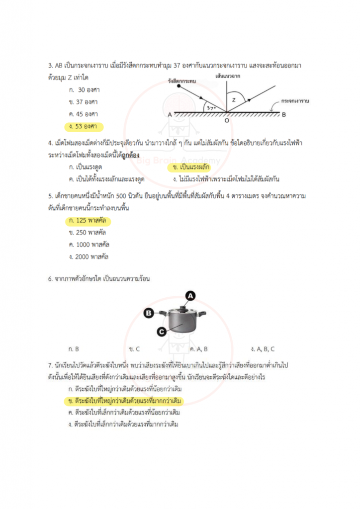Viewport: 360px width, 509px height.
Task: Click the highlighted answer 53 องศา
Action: (84, 126)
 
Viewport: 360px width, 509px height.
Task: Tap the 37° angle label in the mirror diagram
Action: (211, 107)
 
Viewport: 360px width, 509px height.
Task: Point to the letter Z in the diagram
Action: (234, 99)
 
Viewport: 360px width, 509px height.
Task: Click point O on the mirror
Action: (227, 120)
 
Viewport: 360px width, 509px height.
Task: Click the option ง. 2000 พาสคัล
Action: (89, 256)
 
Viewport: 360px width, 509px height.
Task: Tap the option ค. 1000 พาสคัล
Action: (89, 245)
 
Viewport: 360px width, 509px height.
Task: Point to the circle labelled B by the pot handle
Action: (148, 313)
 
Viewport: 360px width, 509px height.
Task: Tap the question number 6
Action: (50, 279)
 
